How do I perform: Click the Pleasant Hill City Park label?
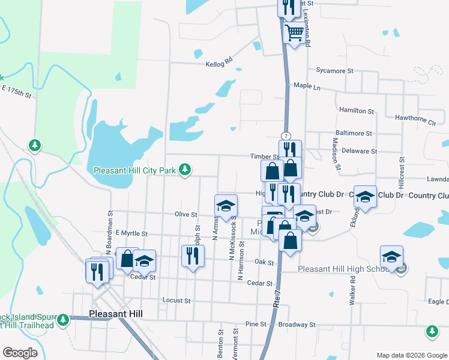[134, 171]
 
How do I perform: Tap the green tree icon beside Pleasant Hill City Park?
[185, 170]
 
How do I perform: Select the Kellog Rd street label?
[218, 63]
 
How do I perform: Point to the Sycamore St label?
[331, 71]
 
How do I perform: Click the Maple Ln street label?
[307, 86]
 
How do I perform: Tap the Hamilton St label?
[356, 111]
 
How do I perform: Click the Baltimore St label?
[354, 133]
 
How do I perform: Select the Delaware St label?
[359, 152]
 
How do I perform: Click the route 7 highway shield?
[285, 136]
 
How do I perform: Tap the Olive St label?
[185, 214]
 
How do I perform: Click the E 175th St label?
[16, 92]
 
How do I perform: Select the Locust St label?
[176, 300]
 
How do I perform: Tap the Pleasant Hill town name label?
[115, 314]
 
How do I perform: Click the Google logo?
[20, 353]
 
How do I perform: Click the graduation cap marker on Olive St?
[225, 205]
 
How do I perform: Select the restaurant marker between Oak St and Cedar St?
[193, 256]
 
